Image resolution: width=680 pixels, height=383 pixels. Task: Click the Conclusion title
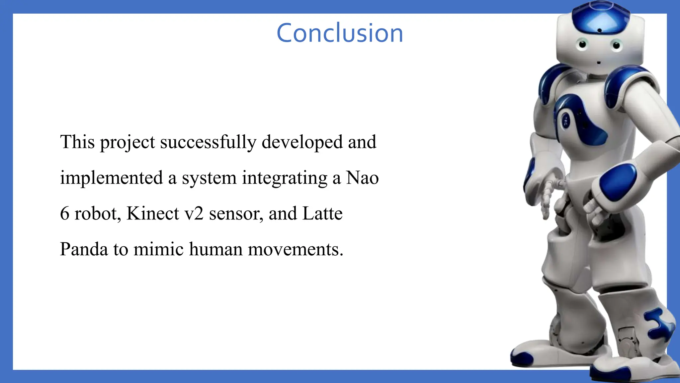(x=340, y=33)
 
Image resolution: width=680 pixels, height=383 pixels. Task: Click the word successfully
(x=208, y=142)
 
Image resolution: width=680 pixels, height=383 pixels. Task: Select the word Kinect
(x=153, y=213)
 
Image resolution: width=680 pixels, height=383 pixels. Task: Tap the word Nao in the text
(x=362, y=178)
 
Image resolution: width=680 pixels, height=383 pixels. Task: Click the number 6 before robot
(x=64, y=213)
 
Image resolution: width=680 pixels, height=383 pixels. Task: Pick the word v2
(x=194, y=213)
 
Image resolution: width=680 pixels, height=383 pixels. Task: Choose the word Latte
(x=322, y=213)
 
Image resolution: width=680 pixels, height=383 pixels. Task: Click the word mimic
(x=158, y=249)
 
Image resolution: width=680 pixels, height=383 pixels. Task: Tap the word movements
(x=295, y=249)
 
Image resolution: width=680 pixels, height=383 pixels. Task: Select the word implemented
(x=111, y=178)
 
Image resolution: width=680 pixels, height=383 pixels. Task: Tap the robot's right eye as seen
(x=616, y=45)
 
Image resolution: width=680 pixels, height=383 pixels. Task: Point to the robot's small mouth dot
(x=599, y=63)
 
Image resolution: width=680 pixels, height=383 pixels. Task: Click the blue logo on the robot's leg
(x=659, y=324)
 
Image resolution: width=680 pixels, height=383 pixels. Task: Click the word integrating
(x=285, y=178)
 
